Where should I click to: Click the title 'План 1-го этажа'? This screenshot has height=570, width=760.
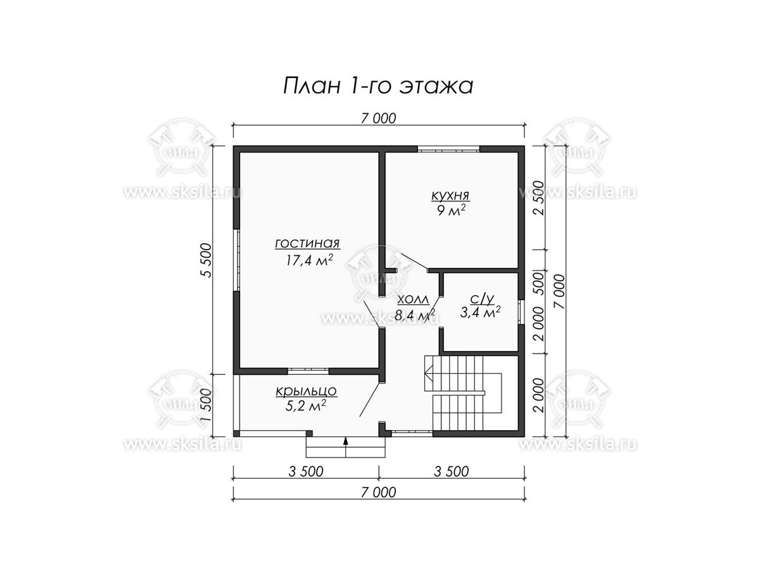point(377,86)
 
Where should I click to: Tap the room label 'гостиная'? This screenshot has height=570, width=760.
point(307,243)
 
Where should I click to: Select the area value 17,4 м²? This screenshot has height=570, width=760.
point(309,260)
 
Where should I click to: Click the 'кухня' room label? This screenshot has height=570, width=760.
point(450,195)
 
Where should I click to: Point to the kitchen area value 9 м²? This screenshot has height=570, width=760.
point(451,210)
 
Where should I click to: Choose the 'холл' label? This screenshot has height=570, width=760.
point(414,300)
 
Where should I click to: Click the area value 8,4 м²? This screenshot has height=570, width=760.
point(415,315)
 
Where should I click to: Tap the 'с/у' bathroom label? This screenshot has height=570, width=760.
point(481,298)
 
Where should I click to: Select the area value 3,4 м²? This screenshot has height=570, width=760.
point(480,312)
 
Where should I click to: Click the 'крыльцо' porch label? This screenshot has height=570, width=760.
point(306,391)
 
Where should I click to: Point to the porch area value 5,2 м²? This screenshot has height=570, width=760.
point(305,405)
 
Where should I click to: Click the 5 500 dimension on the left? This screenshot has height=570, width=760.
point(205,260)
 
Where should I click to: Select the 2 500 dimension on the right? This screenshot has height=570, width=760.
point(540,198)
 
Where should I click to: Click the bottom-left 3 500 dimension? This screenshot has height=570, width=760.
point(306,471)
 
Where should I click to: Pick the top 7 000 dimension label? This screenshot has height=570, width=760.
point(378,118)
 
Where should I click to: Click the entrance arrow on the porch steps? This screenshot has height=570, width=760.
point(346,446)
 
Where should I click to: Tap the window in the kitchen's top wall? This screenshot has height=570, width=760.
point(448,150)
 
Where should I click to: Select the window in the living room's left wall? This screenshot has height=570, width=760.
point(236,260)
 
